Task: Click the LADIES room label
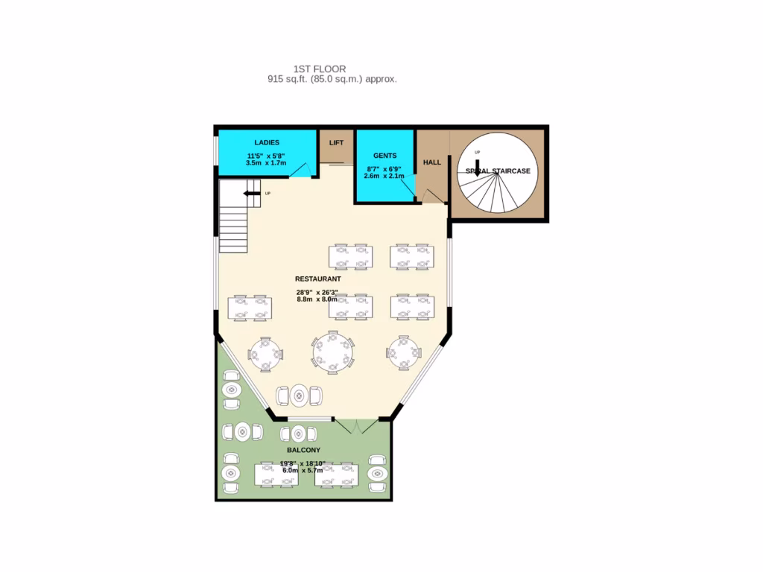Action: click(266, 142)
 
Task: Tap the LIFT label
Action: click(336, 142)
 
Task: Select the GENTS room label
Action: click(384, 156)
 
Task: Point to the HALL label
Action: click(432, 162)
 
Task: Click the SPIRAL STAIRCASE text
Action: click(498, 171)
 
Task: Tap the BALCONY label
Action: click(303, 451)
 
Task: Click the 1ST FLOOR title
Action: click(320, 69)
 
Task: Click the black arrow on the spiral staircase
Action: click(478, 165)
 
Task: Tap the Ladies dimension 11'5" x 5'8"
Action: click(266, 156)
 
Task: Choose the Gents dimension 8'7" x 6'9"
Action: click(384, 168)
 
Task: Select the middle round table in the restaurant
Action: click(333, 352)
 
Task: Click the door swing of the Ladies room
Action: click(302, 171)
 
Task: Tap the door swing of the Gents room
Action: click(407, 187)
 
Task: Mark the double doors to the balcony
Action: click(359, 427)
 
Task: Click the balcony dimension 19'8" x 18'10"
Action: click(303, 463)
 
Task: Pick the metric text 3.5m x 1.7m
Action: click(266, 163)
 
